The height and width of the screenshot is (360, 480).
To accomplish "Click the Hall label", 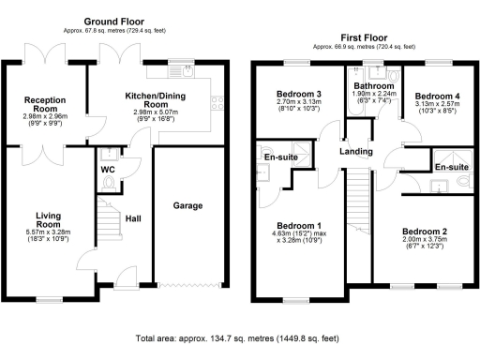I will coord(134,218).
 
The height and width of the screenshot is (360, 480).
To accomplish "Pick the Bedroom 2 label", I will coord(426,232).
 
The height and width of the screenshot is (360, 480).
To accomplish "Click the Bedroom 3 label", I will coord(300,95).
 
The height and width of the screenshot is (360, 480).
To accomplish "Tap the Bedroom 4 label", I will coord(438,97).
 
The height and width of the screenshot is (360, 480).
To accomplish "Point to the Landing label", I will coord(356,153).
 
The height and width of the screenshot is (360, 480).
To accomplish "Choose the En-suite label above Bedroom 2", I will coord(451,166).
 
